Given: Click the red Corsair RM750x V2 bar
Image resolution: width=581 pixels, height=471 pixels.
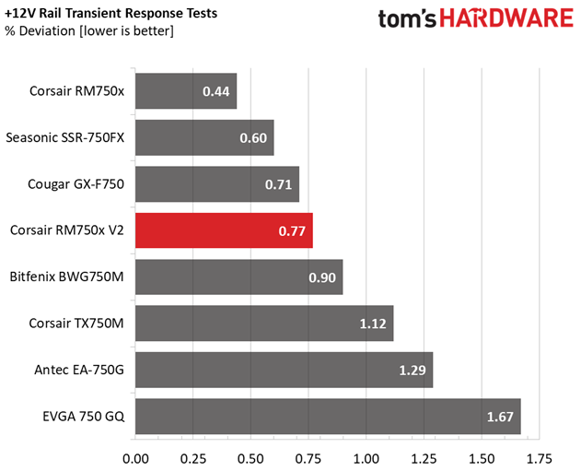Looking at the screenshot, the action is [224, 230].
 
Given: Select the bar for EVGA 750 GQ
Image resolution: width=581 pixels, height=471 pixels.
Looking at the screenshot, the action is [328, 416].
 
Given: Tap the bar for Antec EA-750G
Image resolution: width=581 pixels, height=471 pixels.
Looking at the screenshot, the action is [285, 370].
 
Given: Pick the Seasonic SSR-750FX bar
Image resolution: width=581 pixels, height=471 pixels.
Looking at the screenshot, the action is [204, 137].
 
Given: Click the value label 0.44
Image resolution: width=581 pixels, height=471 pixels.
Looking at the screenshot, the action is [216, 91].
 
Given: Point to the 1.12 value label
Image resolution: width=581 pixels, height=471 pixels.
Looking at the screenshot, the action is [373, 324].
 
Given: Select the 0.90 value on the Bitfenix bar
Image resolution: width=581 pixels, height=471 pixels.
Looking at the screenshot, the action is [322, 277].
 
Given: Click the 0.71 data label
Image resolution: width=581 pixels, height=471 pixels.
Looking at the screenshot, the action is [278, 184].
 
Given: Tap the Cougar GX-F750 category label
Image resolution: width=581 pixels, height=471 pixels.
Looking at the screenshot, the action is [76, 184].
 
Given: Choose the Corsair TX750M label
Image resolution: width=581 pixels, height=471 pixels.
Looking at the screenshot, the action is [76, 324].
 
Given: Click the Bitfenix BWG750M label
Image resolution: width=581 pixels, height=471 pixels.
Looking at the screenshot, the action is [66, 277].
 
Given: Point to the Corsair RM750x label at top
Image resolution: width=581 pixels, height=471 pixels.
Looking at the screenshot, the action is [77, 91].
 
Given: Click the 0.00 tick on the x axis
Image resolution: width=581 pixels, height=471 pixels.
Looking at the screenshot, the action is [135, 459].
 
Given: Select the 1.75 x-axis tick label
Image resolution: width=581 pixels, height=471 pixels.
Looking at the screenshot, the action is [540, 459].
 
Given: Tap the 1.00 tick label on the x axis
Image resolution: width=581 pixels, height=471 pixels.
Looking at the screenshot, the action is [366, 459].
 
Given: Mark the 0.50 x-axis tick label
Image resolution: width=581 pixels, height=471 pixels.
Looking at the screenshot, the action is [250, 459].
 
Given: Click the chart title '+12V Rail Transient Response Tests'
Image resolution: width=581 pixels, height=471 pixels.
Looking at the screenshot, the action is [110, 13].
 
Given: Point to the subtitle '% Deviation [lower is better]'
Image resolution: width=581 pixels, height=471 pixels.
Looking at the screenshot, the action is [89, 31].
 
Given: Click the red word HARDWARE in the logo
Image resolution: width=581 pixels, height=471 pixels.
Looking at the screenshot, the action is [506, 18].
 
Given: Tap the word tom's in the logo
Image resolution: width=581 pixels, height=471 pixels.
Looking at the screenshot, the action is [407, 18].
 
